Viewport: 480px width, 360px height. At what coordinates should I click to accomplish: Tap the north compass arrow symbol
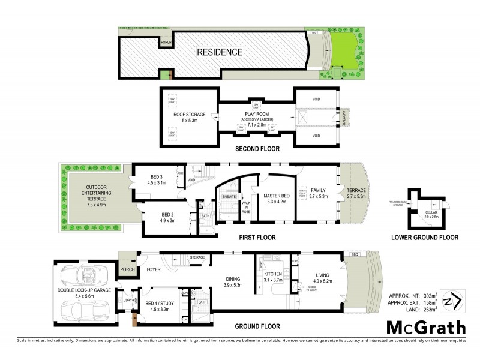(x=451, y=300)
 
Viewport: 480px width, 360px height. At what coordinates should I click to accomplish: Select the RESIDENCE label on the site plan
(x=220, y=52)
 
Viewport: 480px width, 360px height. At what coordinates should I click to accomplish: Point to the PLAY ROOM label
(x=255, y=114)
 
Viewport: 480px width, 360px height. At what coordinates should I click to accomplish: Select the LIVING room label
(x=322, y=277)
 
